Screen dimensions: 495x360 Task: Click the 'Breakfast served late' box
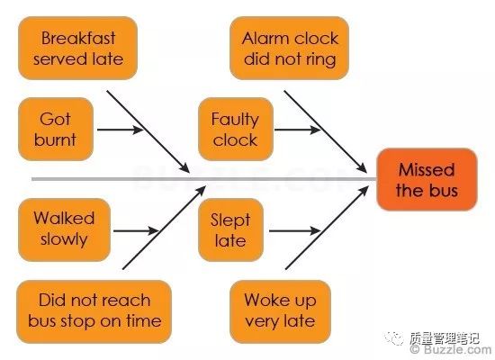pyautogui.click(x=77, y=48)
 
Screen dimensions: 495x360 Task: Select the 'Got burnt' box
pyautogui.click(x=56, y=129)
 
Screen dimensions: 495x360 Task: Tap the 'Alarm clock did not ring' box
pyautogui.click(x=289, y=48)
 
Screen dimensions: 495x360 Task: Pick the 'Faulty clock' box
pyautogui.click(x=236, y=129)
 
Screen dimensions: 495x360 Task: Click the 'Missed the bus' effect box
pyautogui.click(x=427, y=179)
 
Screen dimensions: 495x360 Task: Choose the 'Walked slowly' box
pyautogui.click(x=65, y=229)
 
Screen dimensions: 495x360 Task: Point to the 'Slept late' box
pyautogui.click(x=230, y=229)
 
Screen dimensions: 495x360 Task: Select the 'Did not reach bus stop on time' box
pyautogui.click(x=94, y=311)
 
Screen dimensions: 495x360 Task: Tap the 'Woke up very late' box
pyautogui.click(x=280, y=311)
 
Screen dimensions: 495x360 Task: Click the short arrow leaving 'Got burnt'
pyautogui.click(x=120, y=130)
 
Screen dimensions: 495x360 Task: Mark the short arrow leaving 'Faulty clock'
pyautogui.click(x=297, y=130)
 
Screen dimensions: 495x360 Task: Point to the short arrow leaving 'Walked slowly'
pyautogui.click(x=136, y=230)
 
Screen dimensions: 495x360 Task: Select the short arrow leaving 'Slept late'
pyautogui.click(x=294, y=230)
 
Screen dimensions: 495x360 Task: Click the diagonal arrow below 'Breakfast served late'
pyautogui.click(x=148, y=131)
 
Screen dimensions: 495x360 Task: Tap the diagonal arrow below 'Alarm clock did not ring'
pyautogui.click(x=326, y=131)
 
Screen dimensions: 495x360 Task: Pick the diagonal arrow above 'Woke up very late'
pyautogui.click(x=327, y=228)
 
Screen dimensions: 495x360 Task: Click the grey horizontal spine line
pyautogui.click(x=204, y=179)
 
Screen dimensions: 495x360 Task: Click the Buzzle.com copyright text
pyautogui.click(x=452, y=349)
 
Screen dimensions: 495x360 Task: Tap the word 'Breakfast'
pyautogui.click(x=78, y=38)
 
